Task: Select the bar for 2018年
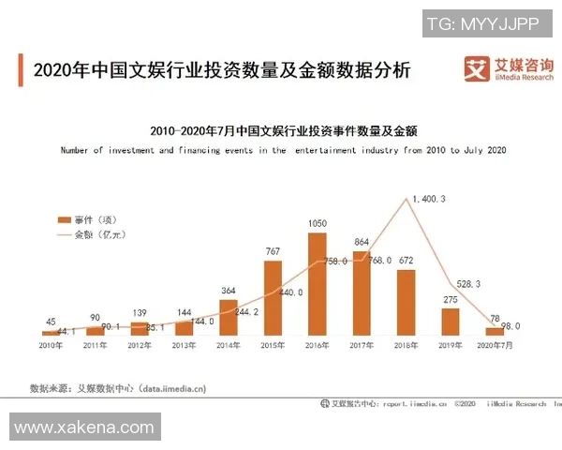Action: (x=406, y=302)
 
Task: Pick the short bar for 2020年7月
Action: (x=495, y=331)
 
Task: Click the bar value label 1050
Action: (x=318, y=223)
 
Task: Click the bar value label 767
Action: (x=273, y=251)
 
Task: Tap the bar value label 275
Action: (x=451, y=299)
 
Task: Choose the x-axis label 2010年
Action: (x=51, y=345)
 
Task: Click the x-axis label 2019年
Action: (x=451, y=345)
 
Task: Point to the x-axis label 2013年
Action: (x=185, y=345)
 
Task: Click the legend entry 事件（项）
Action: (x=94, y=217)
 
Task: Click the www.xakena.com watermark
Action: (x=83, y=427)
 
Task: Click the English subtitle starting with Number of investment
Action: (x=282, y=150)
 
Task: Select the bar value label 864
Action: (x=362, y=242)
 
